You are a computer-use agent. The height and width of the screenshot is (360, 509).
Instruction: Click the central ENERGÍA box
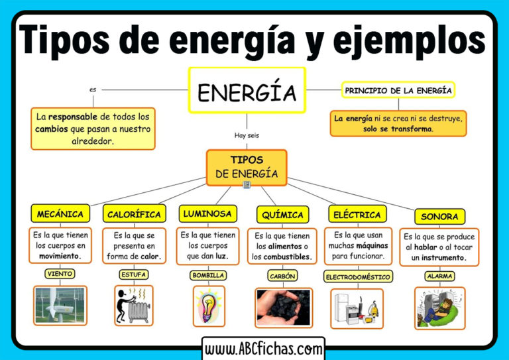point(247,90)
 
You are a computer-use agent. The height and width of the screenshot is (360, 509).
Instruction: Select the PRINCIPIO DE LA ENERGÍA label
point(398,90)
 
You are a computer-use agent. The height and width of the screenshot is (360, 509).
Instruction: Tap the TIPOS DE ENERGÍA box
point(247,168)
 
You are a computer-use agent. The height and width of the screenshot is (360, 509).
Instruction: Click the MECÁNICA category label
point(60,213)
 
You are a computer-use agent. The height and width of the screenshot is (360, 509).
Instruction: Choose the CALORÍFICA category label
point(135,213)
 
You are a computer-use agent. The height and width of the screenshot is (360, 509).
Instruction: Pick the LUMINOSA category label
point(207,213)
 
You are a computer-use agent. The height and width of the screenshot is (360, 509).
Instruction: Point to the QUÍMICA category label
point(283,215)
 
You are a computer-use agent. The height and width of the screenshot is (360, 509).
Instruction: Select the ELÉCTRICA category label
point(357,214)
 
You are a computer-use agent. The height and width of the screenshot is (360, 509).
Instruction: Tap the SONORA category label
point(440,217)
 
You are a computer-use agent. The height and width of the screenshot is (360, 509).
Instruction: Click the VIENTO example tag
point(60,274)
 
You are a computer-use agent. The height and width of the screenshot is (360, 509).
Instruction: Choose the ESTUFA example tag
point(134,274)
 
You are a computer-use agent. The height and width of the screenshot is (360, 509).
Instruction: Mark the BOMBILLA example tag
point(208,276)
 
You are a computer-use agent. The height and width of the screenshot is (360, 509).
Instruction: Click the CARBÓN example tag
point(283,276)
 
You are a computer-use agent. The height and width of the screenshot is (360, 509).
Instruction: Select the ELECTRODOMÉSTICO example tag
point(358,277)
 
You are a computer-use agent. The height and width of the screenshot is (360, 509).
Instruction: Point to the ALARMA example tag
point(440,276)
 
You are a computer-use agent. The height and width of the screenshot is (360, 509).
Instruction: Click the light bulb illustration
point(209,306)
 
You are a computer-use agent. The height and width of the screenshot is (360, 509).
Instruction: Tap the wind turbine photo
point(60,306)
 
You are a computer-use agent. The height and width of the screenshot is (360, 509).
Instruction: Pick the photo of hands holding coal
point(284,308)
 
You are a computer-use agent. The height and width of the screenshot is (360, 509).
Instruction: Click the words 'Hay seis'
point(247,135)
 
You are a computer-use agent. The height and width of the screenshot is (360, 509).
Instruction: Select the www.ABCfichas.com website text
point(264,349)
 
